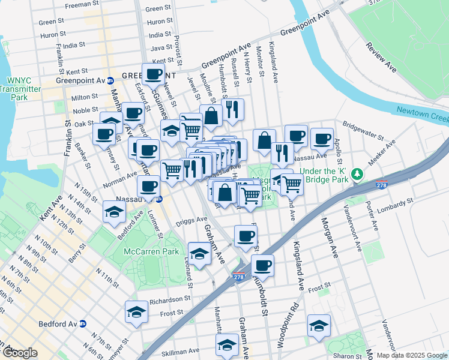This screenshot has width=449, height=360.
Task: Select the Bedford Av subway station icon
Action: pyautogui.click(x=83, y=323)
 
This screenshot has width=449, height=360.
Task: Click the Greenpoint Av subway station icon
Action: pyautogui.click(x=110, y=80)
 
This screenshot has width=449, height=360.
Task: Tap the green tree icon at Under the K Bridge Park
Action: pyautogui.click(x=358, y=174)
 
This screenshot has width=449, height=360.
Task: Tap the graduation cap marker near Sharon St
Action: pyautogui.click(x=319, y=326)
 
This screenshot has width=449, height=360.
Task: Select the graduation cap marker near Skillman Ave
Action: pyautogui.click(x=227, y=346)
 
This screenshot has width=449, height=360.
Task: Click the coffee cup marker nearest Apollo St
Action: pyautogui.click(x=322, y=139)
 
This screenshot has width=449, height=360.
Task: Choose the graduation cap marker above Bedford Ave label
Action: pyautogui.click(x=114, y=211)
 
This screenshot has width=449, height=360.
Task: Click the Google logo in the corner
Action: pyautogui.click(x=20, y=353)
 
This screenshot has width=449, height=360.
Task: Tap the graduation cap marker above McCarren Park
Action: pyautogui.click(x=199, y=253)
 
